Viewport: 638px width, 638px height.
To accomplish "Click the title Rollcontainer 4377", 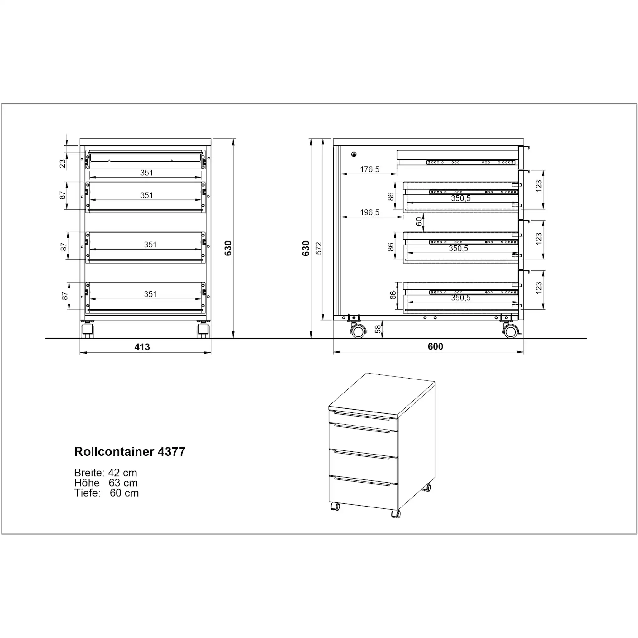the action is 130,452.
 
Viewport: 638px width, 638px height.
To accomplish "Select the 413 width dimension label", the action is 142,347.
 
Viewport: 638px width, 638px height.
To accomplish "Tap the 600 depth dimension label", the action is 435,346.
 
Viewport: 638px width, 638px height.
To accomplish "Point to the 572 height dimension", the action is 319,248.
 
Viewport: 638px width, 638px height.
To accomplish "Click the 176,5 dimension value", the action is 369,169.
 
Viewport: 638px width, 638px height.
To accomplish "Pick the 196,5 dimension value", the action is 369,212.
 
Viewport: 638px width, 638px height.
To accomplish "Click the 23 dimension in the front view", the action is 62,164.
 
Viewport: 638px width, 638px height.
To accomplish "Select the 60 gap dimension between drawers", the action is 419,221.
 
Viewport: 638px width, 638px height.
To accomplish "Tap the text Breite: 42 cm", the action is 105,473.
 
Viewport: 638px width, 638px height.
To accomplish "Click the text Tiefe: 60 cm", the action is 106,493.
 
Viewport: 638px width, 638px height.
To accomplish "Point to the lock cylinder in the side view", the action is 354,154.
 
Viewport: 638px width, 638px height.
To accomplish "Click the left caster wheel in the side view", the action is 358,331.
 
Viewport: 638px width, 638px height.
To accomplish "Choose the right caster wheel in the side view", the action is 511,331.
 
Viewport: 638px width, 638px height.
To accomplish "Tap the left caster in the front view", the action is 88,330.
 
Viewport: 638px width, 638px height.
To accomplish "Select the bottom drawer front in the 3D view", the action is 364,492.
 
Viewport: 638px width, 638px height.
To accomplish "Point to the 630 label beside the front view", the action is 228,248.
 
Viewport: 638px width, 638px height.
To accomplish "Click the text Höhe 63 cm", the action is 106,483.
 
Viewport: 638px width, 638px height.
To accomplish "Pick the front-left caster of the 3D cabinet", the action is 335,506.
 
